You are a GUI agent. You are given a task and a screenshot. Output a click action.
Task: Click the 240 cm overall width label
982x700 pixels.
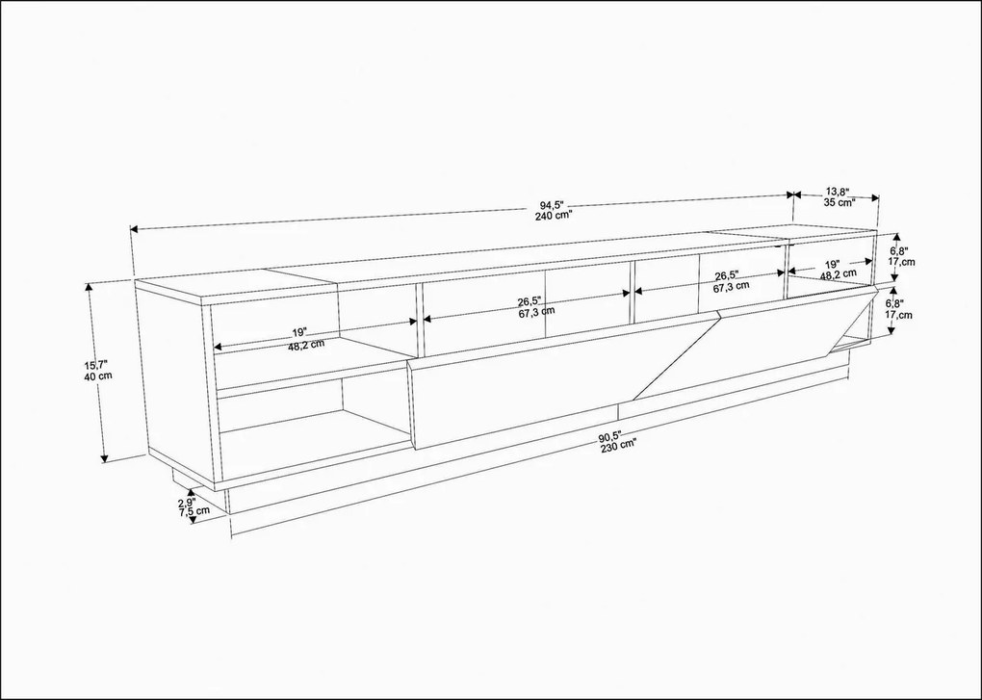[x=554, y=216]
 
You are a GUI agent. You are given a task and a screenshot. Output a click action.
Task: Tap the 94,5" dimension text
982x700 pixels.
[x=552, y=204]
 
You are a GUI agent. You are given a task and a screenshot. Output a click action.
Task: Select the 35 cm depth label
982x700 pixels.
[x=834, y=202]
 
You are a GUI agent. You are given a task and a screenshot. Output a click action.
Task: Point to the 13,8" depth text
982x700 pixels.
[x=834, y=192]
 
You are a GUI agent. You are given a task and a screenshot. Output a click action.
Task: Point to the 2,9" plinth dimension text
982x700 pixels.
[x=187, y=502]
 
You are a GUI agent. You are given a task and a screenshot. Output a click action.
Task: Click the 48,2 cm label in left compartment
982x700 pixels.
[x=305, y=347]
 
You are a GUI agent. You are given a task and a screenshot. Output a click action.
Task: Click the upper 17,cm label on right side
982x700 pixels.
[x=901, y=261]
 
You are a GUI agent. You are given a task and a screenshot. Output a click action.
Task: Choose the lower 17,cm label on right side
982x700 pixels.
[x=901, y=314]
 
